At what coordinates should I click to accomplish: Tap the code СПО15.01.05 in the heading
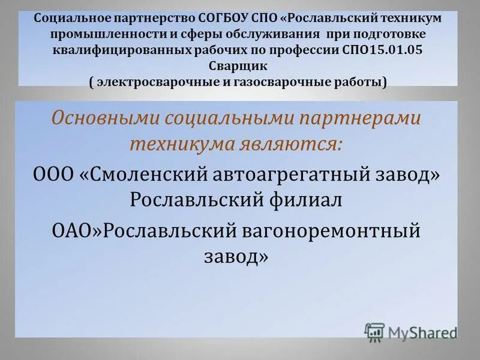coord(388,51)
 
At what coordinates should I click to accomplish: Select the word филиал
coord(307,199)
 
